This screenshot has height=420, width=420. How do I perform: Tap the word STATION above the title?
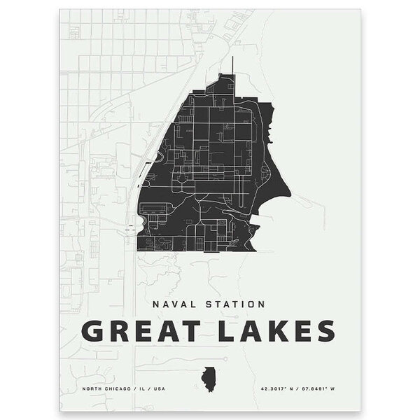tap(231, 304)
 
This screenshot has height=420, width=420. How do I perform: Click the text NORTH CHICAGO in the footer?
tap(103, 388)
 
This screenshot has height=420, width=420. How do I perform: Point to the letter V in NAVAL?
tap(172, 304)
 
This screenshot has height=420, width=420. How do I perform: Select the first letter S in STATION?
tap(204, 304)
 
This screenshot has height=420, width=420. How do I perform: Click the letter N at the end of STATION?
tap(260, 304)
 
